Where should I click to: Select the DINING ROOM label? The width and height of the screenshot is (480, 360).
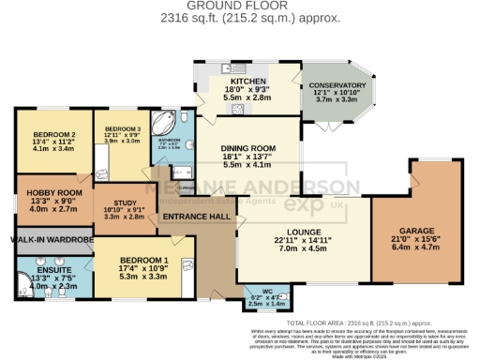[x=247, y=148]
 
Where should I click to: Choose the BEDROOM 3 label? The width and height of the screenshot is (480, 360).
[x=122, y=127]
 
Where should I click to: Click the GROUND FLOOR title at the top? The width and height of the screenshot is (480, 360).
[x=240, y=6]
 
